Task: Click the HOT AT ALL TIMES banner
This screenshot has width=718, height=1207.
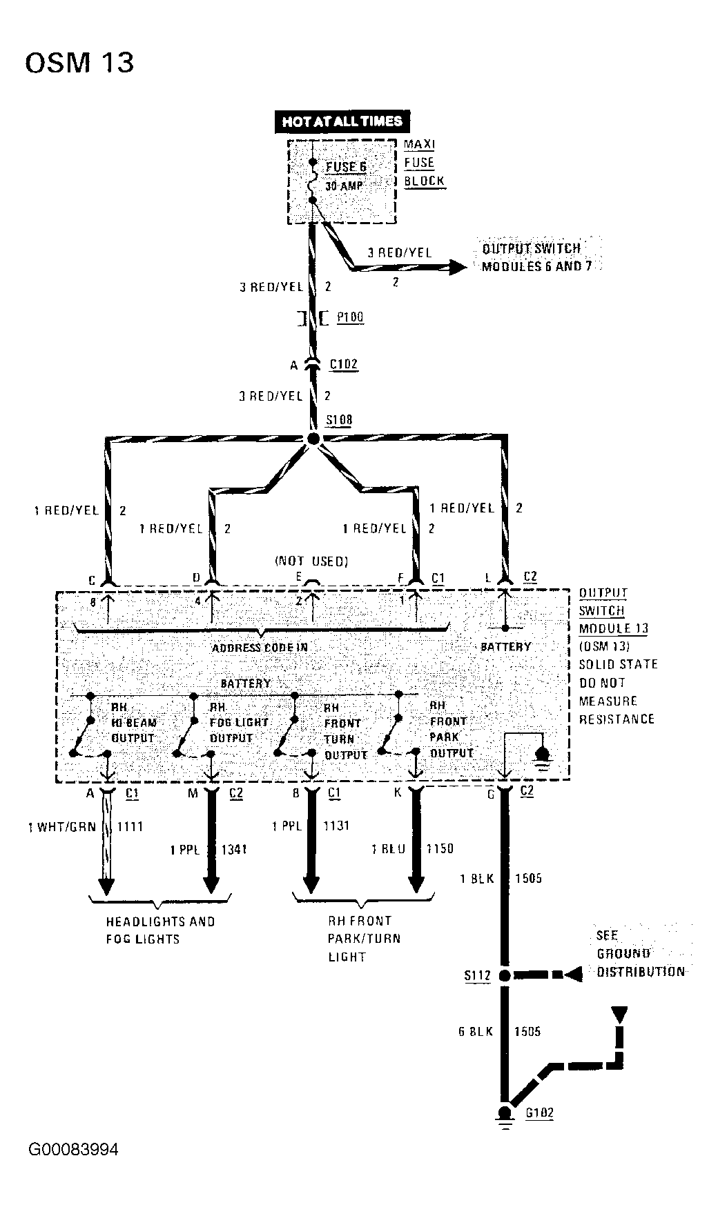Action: (x=342, y=121)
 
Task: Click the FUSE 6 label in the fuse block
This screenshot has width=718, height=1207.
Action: (x=346, y=167)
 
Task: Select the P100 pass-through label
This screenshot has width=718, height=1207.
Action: (x=350, y=317)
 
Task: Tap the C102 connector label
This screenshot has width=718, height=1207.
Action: (x=344, y=364)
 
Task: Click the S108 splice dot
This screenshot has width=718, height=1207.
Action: (x=313, y=439)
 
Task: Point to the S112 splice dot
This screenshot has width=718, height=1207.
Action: (x=505, y=975)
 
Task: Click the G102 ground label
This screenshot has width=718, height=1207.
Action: (x=539, y=1113)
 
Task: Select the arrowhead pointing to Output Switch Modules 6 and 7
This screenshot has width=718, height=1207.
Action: (x=457, y=267)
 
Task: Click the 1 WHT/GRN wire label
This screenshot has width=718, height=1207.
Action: (x=62, y=827)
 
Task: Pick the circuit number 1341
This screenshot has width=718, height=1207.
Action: (x=233, y=850)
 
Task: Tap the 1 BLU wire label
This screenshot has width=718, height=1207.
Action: (x=388, y=849)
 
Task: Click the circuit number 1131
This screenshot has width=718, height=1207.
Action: (x=336, y=826)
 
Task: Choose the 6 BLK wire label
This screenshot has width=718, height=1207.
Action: (x=476, y=1032)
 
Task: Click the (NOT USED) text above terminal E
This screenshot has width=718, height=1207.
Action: (x=311, y=561)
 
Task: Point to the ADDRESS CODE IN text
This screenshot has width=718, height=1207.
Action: (x=259, y=648)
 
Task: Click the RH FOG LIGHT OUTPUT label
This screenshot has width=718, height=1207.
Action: (x=238, y=722)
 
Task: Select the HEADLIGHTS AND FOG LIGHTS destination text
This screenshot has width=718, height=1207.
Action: (x=160, y=930)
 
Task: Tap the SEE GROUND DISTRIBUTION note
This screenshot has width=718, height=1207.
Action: (x=640, y=954)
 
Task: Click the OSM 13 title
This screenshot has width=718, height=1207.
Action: (x=79, y=63)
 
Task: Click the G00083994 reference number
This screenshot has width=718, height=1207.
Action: (x=73, y=1150)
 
